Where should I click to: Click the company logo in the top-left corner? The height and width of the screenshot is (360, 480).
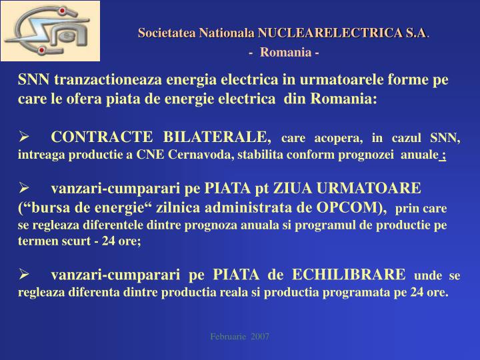pos(50,31)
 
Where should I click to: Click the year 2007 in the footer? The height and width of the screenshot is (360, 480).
pos(259,337)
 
